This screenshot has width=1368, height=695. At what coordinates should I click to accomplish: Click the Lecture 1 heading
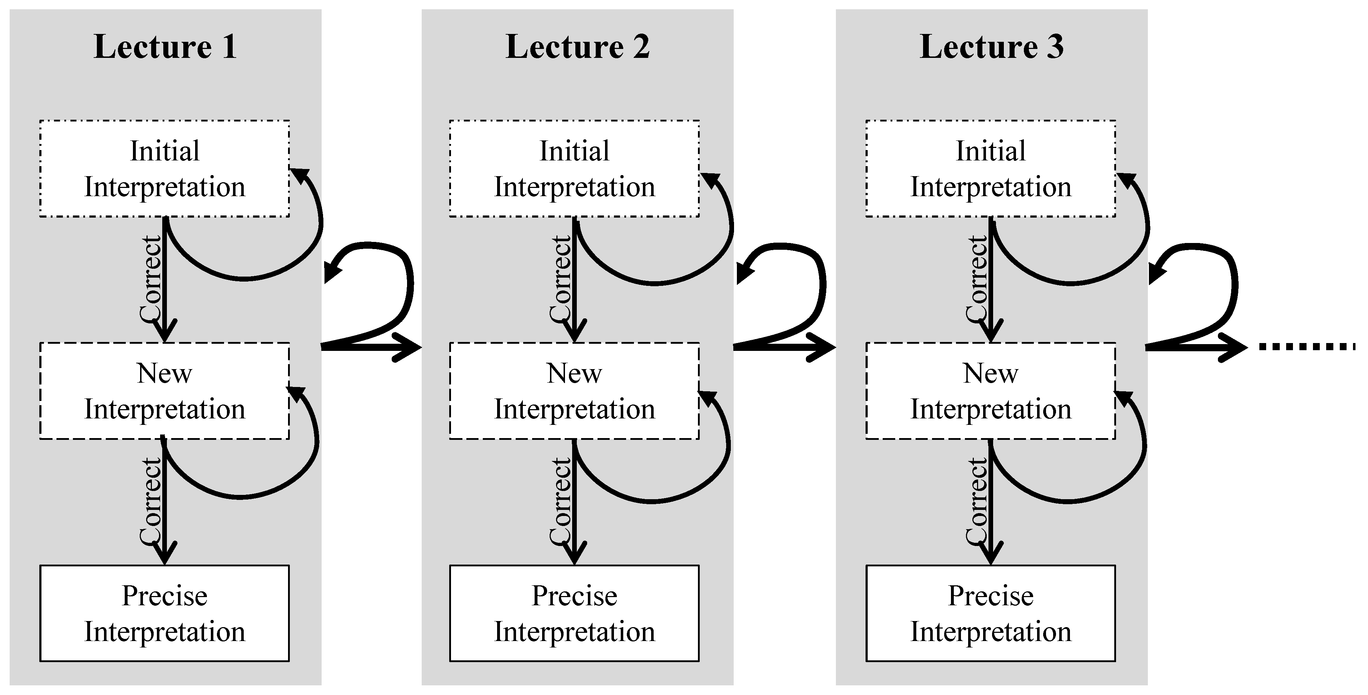(165, 47)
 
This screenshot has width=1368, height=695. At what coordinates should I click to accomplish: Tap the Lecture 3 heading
(991, 47)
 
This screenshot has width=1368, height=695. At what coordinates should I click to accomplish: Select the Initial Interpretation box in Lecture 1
(165, 168)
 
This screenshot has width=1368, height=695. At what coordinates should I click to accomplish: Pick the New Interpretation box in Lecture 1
(165, 391)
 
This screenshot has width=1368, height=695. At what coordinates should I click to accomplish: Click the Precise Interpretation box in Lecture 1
(165, 613)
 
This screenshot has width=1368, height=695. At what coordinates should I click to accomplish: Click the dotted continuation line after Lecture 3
(1307, 347)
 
